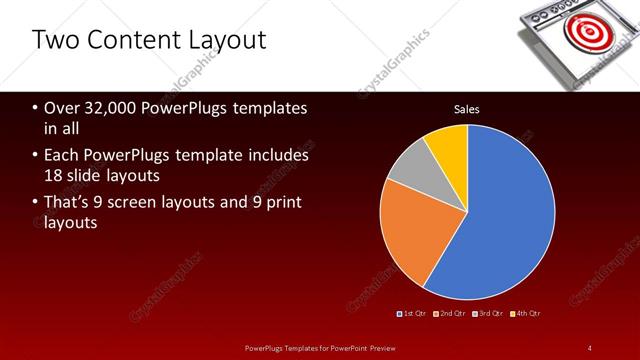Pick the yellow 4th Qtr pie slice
click(447, 150)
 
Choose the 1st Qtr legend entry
click(413, 314)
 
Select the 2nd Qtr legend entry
click(450, 314)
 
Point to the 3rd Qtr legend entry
click(488, 314)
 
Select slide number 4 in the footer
click(589, 347)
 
